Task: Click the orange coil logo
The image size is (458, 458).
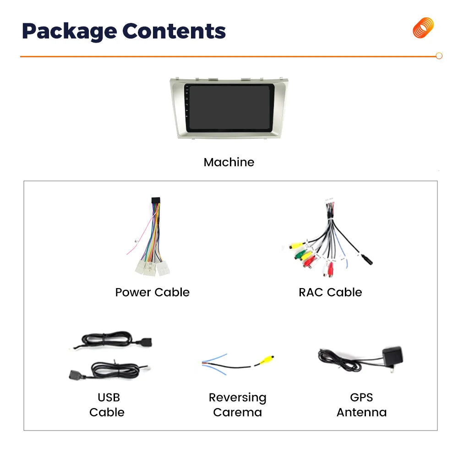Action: click(423, 28)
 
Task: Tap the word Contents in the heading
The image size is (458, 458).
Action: click(174, 31)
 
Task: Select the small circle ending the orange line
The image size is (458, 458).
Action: click(439, 56)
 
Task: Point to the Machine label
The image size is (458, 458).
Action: click(229, 162)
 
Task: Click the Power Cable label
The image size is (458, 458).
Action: click(152, 292)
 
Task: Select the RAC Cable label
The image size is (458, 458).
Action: click(330, 292)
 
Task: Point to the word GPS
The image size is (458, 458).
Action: click(361, 397)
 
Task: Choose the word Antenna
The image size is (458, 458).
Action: click(362, 412)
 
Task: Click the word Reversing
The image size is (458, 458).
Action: click(237, 398)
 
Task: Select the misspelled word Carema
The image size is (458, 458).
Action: click(237, 412)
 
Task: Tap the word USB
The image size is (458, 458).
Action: click(109, 397)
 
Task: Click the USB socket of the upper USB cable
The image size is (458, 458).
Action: click(145, 342)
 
